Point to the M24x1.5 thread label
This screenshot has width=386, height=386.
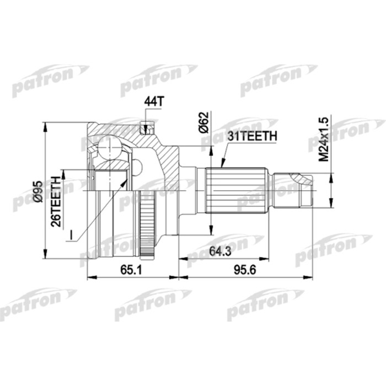pyautogui.click(x=324, y=138)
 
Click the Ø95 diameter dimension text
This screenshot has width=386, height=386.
pyautogui.click(x=38, y=190)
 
